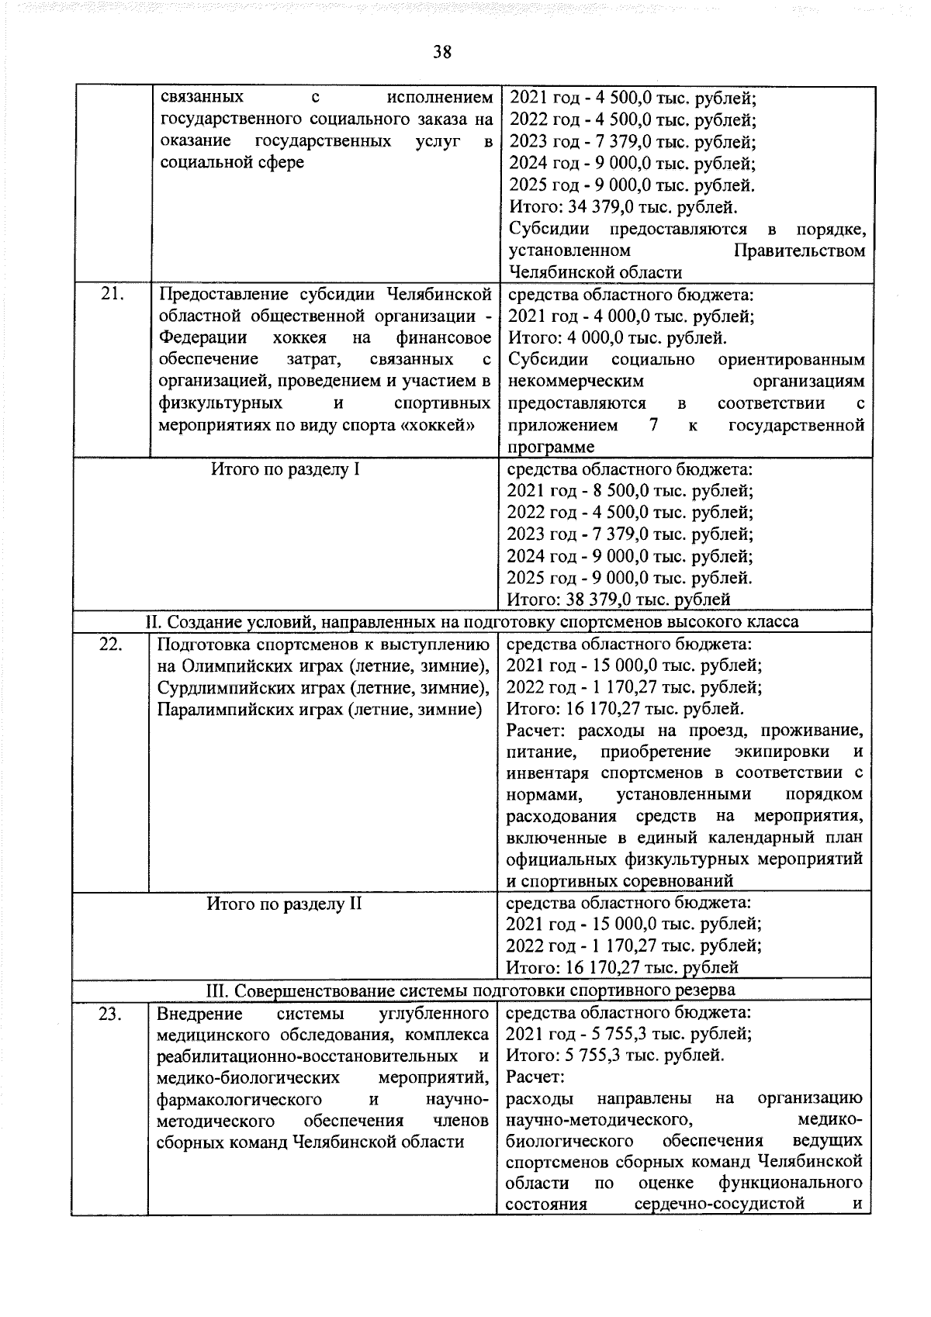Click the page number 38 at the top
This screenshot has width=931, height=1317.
442,52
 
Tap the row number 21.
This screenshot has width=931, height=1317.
113,295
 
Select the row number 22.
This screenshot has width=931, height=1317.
113,644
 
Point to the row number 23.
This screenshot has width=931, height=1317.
113,1014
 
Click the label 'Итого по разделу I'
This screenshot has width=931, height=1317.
285,469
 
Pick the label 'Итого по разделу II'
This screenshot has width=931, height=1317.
284,904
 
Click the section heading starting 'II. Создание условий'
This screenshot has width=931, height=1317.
472,622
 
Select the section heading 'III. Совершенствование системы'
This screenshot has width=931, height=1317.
470,991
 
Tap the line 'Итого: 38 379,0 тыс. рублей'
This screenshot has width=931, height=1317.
618,599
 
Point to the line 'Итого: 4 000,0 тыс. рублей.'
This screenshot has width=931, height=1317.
617,338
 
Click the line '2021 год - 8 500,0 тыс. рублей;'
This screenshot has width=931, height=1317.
629,491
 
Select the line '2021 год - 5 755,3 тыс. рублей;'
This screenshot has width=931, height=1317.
628,1034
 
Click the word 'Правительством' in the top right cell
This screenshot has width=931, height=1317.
798,251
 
